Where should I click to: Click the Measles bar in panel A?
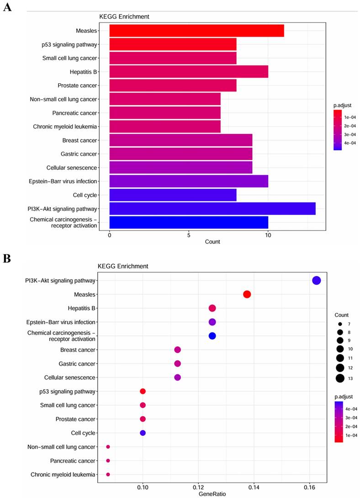196,31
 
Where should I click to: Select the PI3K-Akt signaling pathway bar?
212,209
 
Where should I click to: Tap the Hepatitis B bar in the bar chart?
189,72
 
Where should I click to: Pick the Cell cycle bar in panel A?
173,195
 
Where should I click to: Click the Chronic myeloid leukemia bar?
165,126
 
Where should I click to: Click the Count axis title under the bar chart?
212,241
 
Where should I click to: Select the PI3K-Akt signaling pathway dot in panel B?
316,281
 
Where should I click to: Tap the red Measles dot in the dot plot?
247,295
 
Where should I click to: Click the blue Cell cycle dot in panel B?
143,433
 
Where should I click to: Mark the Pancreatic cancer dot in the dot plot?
108,461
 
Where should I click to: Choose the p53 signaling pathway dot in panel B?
143,391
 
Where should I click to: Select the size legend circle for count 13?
339,378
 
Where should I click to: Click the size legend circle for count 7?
339,324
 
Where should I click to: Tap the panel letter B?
7,258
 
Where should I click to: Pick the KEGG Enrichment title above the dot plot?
123,266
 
